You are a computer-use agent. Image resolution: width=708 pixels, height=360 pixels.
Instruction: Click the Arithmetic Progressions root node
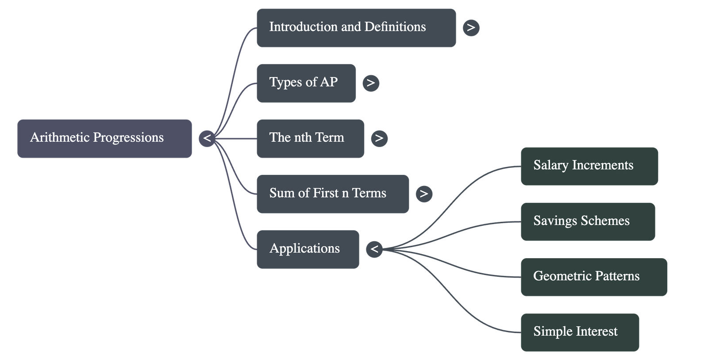pyautogui.click(x=104, y=138)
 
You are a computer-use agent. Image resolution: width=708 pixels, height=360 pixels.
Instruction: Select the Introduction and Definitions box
pyautogui.click(x=356, y=27)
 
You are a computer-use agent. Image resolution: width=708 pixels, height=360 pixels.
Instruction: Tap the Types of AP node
pyautogui.click(x=306, y=83)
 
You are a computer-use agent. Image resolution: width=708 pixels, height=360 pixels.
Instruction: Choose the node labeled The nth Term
pyautogui.click(x=310, y=138)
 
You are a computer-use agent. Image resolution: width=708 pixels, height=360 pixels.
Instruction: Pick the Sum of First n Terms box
pyautogui.click(x=332, y=194)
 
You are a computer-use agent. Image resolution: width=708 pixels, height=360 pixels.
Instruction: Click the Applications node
pyautogui.click(x=308, y=249)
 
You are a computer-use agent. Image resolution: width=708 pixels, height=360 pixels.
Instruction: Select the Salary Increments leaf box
pyautogui.click(x=589, y=166)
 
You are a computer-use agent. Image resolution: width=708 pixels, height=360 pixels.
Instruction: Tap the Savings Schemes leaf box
pyautogui.click(x=587, y=221)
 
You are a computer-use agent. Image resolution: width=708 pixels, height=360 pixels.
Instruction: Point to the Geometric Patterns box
pyautogui.click(x=593, y=277)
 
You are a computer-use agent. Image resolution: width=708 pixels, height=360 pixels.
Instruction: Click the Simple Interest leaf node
pyautogui.click(x=579, y=332)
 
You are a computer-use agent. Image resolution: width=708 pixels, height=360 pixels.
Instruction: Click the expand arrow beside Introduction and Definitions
pyautogui.click(x=471, y=27)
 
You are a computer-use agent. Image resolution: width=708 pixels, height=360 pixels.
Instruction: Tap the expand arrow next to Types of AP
pyautogui.click(x=371, y=83)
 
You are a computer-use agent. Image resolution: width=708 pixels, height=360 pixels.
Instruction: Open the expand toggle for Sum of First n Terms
pyautogui.click(x=424, y=194)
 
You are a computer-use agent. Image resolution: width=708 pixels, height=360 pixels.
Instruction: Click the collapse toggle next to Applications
pyautogui.click(x=374, y=249)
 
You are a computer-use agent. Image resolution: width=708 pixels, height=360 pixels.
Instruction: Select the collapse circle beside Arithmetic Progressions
pyautogui.click(x=207, y=138)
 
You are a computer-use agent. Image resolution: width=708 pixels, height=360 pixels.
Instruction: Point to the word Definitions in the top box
pyautogui.click(x=395, y=27)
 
